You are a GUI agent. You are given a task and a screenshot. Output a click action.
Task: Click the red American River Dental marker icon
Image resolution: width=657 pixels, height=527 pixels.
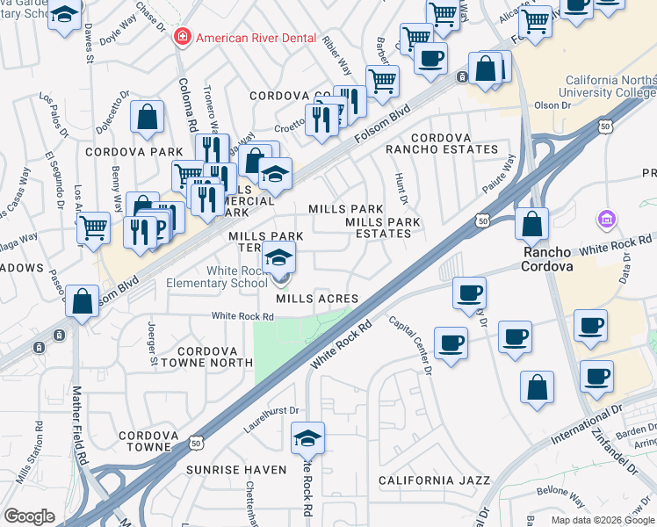point(183,37)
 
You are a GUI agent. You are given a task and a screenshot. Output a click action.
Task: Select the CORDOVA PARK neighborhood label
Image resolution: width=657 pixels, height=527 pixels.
point(120,152)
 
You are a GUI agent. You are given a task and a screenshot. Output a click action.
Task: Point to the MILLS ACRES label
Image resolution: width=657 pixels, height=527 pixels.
point(317,299)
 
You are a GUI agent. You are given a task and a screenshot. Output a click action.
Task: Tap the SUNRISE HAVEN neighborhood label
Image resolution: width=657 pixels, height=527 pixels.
point(236,470)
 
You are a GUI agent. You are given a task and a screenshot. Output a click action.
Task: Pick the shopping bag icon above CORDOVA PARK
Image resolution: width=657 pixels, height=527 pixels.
point(148,117)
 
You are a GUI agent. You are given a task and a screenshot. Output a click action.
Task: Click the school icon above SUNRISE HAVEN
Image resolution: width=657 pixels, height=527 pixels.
point(307,437)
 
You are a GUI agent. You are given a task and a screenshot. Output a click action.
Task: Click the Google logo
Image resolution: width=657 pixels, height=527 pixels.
point(30,516)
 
